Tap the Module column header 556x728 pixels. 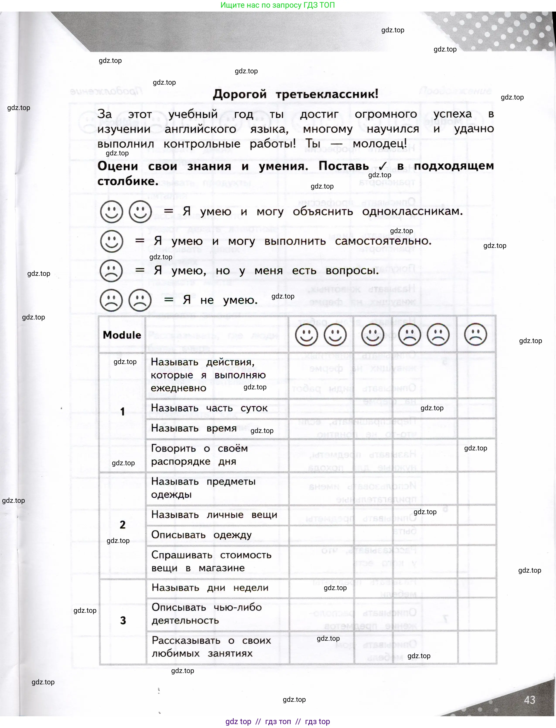click(x=122, y=335)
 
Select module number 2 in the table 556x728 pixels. click(x=123, y=525)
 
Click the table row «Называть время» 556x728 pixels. click(x=194, y=428)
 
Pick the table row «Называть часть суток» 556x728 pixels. click(x=209, y=408)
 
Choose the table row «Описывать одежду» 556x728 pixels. click(x=201, y=535)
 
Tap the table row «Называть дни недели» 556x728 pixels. click(x=210, y=587)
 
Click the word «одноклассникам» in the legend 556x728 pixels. click(x=412, y=211)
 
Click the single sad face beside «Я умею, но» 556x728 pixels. click(x=111, y=271)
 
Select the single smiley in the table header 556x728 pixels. click(x=373, y=335)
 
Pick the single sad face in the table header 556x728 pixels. click(x=476, y=335)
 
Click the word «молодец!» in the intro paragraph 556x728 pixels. click(x=380, y=144)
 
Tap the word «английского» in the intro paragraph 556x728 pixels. click(x=200, y=129)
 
